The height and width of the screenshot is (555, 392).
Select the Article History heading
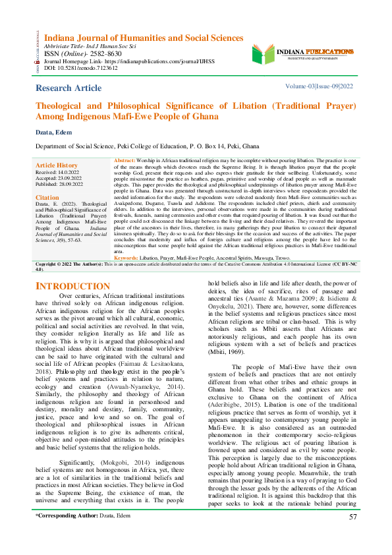56,165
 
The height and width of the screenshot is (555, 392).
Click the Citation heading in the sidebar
47,197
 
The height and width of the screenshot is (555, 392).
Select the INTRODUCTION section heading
72,286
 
